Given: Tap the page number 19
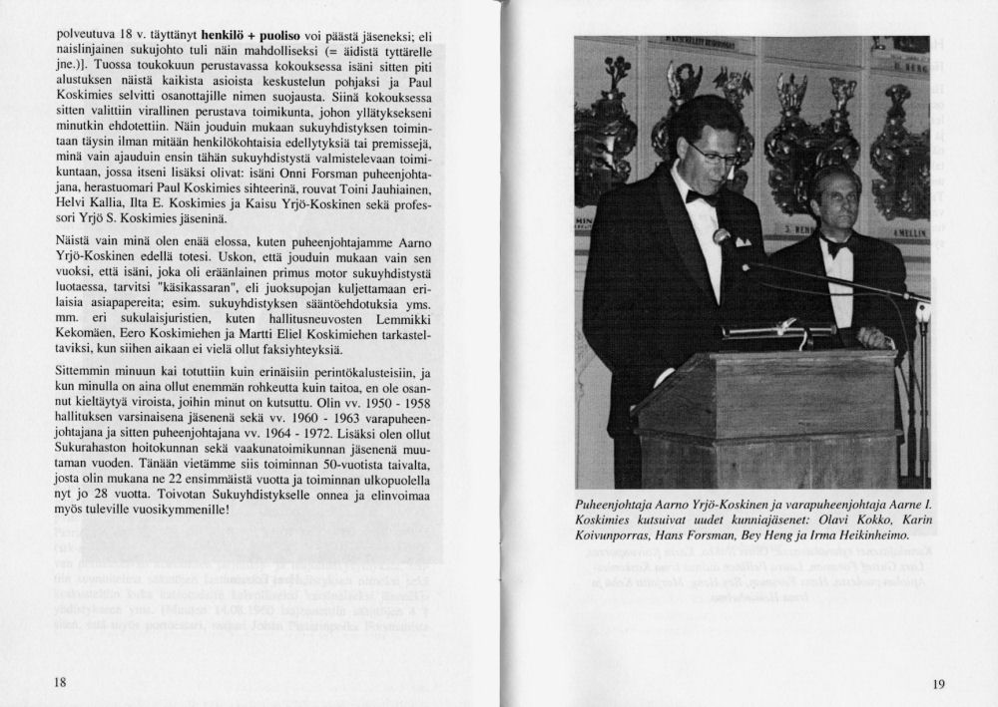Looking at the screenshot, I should point(937,683).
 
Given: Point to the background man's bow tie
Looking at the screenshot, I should point(835,248).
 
